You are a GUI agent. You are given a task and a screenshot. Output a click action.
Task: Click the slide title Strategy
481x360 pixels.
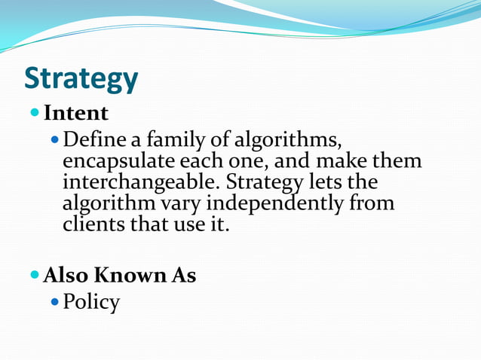[81, 79]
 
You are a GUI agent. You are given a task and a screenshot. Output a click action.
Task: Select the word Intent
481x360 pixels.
[76, 113]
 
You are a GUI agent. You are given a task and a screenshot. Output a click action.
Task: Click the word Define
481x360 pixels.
[91, 140]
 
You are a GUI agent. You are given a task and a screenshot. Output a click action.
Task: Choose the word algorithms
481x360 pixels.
[276, 141]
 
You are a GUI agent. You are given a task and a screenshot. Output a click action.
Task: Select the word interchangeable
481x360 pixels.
[141, 183]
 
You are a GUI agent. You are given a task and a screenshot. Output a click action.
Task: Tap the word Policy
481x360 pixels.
[91, 303]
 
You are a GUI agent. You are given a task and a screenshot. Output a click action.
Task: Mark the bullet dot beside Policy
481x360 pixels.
[53, 301]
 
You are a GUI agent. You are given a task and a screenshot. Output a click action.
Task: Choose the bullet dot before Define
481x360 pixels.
[53, 139]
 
